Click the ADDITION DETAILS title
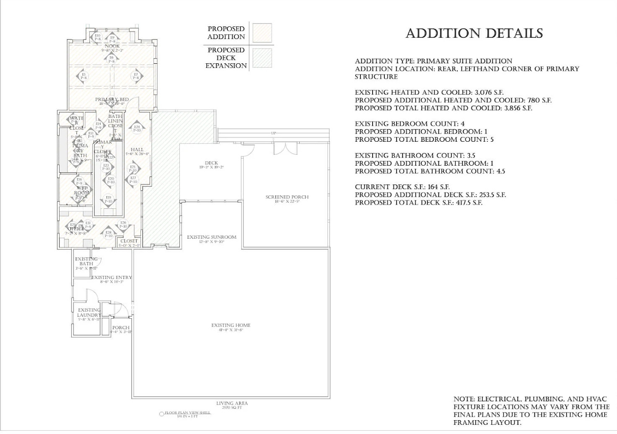click(474, 34)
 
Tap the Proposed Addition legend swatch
click(262, 33)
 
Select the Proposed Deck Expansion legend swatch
click(262, 58)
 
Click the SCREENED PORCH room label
click(287, 197)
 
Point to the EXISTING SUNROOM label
click(211, 237)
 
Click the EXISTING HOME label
click(231, 325)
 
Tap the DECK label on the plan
click(211, 163)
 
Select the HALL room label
click(137, 150)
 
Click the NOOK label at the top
click(112, 46)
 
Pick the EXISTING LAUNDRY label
click(89, 313)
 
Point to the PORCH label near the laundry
click(121, 328)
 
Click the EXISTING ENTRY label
click(111, 278)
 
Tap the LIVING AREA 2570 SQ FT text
click(232, 405)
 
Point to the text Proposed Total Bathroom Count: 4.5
click(430, 172)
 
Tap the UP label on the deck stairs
click(273, 133)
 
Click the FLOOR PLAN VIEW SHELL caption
click(187, 413)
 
